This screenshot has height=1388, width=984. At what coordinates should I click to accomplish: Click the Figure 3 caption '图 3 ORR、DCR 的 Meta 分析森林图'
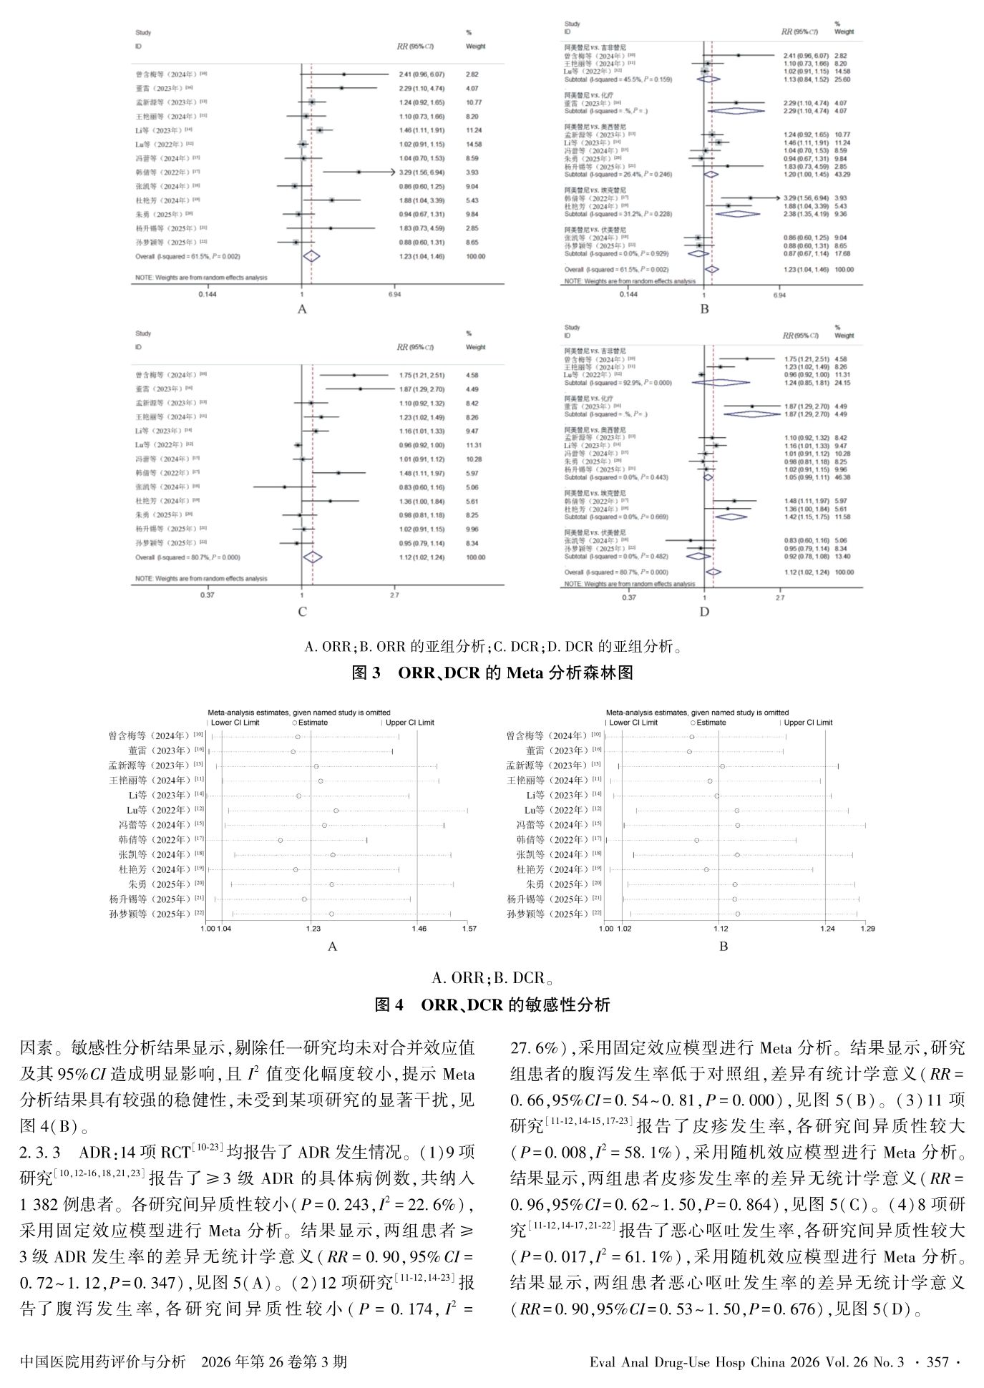[x=492, y=673]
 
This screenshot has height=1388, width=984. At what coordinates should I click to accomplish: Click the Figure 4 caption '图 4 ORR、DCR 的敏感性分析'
[x=492, y=1005]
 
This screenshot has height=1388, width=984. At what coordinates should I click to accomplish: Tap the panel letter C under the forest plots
[x=302, y=612]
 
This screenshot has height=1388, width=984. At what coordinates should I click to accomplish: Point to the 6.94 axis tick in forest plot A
[x=394, y=294]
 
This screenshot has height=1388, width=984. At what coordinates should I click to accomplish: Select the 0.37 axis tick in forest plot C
[x=208, y=595]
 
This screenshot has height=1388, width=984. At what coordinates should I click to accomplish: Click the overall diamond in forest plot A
[x=311, y=255]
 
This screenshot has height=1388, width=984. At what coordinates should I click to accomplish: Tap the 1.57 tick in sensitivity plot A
[x=469, y=929]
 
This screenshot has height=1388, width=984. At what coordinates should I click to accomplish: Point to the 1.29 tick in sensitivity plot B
[x=867, y=929]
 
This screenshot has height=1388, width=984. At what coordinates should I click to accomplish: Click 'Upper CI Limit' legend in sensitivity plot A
[x=409, y=723]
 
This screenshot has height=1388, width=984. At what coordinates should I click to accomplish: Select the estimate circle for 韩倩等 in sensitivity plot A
[x=281, y=840]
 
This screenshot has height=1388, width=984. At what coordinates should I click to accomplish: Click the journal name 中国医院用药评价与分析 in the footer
[x=103, y=1362]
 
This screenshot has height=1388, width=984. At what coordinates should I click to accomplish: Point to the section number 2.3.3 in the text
[x=45, y=1153]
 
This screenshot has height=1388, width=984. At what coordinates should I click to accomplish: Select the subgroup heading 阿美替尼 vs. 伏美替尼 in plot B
[x=595, y=229]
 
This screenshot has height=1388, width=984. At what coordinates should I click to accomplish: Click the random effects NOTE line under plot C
[x=201, y=578]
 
